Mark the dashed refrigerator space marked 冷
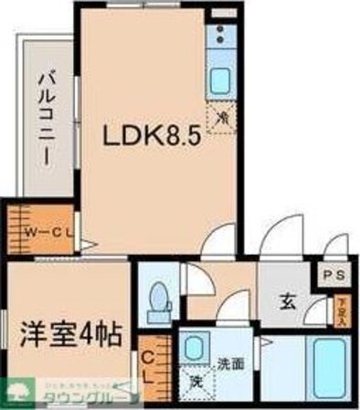click(x=220, y=118)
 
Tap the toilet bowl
click(x=158, y=297)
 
